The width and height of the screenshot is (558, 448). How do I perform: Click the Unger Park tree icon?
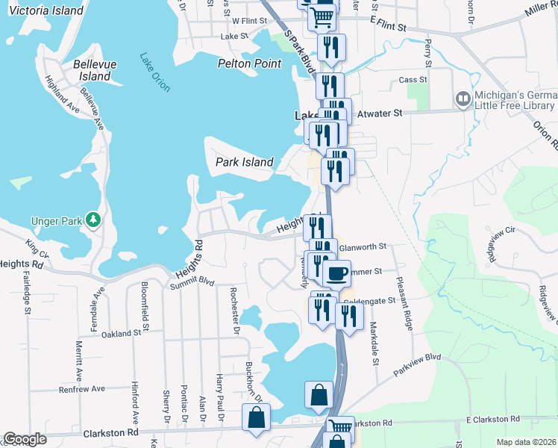(93, 220)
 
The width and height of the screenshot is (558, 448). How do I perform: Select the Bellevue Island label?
(95, 70)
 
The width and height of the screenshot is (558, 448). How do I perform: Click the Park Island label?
(245, 162)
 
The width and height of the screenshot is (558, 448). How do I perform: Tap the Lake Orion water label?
(155, 72)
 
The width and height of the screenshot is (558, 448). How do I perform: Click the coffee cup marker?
(336, 273)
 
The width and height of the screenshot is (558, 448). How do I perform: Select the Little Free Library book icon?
(463, 99)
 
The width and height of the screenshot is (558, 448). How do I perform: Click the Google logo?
(25, 439)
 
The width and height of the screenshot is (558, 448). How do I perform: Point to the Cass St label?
(413, 80)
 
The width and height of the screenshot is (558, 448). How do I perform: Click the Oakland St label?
(122, 334)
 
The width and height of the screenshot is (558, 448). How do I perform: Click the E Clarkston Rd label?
(491, 420)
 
